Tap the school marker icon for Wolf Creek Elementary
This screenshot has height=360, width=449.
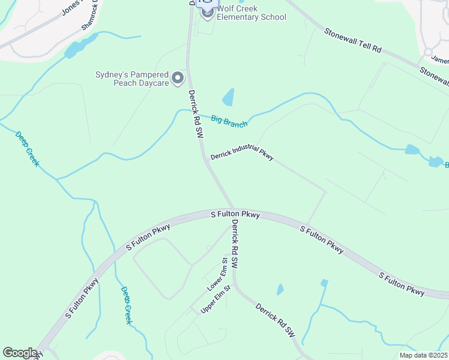[208, 12]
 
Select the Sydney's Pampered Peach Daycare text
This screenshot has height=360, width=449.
[132, 79]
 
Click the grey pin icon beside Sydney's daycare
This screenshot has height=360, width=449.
[178, 78]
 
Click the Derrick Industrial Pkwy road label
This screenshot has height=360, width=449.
[242, 155]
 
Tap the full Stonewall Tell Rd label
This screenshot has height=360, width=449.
[352, 40]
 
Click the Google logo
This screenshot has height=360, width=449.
[20, 353]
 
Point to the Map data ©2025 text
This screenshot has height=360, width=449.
[423, 355]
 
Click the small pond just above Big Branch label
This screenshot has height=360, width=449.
[228, 97]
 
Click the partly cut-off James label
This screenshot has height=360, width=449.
[440, 59]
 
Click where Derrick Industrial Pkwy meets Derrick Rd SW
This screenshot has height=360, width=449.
[207, 161]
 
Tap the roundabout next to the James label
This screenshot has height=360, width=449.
[427, 52]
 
